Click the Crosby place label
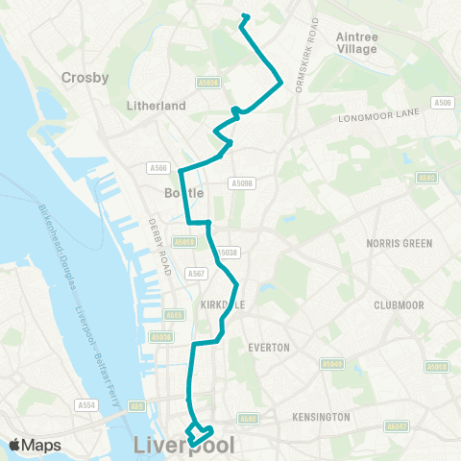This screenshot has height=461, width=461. point(85,77)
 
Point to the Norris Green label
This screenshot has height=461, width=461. point(396,243)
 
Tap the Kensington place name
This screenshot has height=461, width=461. point(320,417)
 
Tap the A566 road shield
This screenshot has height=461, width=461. point(159,168)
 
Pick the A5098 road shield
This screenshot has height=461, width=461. point(242,182)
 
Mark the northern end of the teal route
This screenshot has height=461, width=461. point(244,15)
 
